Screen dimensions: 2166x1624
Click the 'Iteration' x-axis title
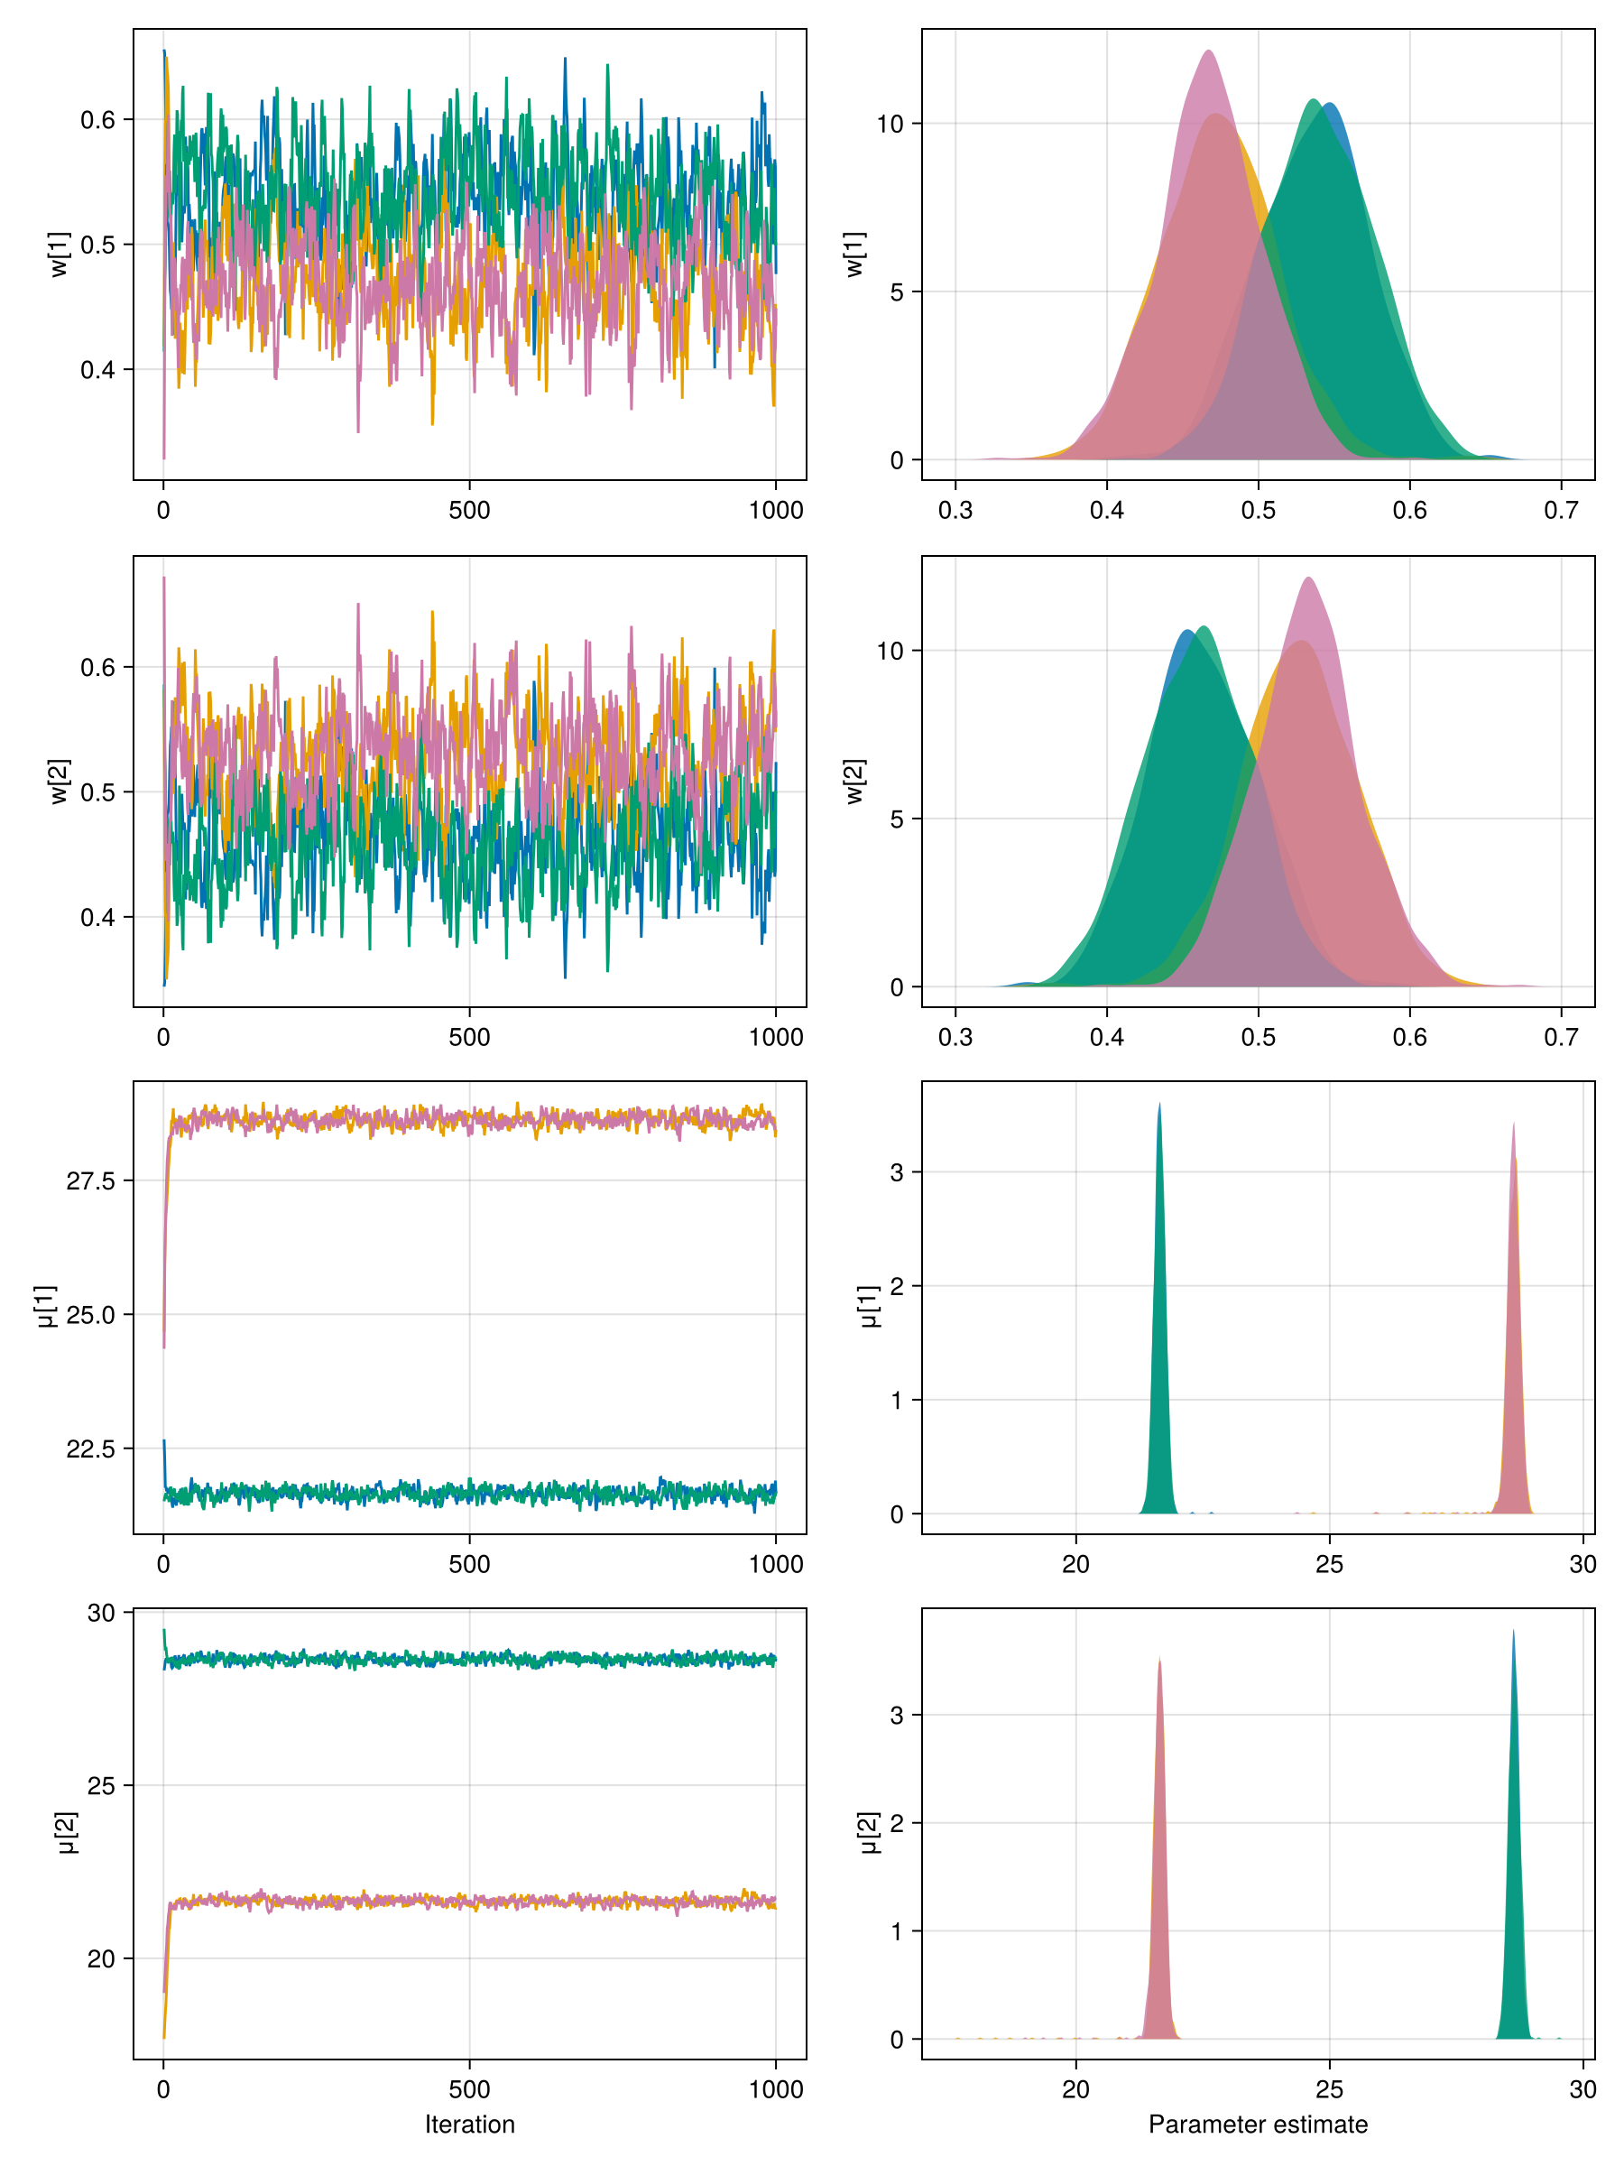[469, 2124]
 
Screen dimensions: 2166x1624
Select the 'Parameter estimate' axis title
[1257, 2124]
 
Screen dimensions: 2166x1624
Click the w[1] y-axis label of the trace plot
[60, 255]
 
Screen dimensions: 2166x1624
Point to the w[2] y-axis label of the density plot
[854, 782]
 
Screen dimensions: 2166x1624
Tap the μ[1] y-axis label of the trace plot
[45, 1307]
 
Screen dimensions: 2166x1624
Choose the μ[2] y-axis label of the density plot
[866, 1833]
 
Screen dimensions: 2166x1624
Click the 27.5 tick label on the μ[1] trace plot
[90, 1180]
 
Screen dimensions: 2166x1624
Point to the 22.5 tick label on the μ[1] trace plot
[90, 1449]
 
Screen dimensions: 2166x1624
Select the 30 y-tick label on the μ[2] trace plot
[101, 1614]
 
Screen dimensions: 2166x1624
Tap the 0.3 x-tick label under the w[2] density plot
[955, 1037]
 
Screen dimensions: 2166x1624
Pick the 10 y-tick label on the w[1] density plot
[889, 125]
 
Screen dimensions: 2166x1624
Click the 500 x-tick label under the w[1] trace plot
[469, 510]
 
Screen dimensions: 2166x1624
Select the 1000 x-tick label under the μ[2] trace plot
[775, 2088]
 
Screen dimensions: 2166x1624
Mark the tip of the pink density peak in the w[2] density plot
[1308, 579]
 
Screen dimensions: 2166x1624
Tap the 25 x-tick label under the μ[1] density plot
[1328, 1564]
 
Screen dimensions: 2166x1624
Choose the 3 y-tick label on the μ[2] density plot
[896, 1716]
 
